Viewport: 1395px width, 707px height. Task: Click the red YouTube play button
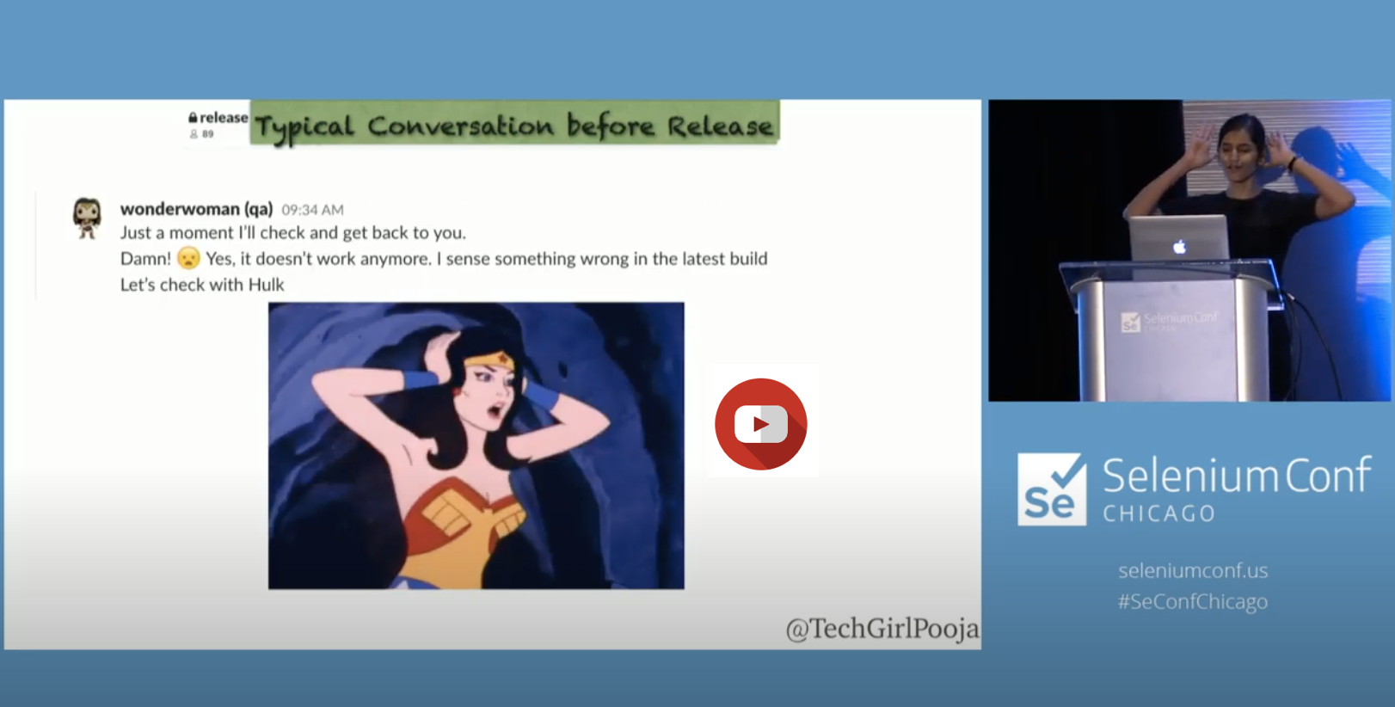tap(760, 424)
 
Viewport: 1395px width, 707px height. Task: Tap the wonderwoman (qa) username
tap(196, 209)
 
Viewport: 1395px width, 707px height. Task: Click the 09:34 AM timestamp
tap(313, 210)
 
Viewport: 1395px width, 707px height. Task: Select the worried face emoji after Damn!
tap(188, 258)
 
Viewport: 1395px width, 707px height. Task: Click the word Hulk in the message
tap(266, 285)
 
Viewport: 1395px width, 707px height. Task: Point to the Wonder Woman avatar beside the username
tap(87, 218)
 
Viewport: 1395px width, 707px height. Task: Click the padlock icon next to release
tap(193, 117)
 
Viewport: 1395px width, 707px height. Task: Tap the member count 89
tap(207, 134)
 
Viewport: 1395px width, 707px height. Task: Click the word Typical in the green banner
tap(304, 127)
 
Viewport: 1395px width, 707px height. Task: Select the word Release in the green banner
tap(720, 126)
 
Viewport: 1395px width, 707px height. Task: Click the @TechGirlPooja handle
tap(882, 629)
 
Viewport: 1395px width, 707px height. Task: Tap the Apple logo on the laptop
tap(1179, 248)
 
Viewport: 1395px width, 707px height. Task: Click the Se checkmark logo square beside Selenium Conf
tap(1052, 489)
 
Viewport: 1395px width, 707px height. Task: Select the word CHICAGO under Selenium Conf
tap(1159, 513)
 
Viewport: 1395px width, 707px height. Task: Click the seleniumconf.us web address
tap(1193, 570)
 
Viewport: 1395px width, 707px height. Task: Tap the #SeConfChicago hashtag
tap(1193, 602)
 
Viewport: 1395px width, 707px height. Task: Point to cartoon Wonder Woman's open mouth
tap(495, 410)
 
